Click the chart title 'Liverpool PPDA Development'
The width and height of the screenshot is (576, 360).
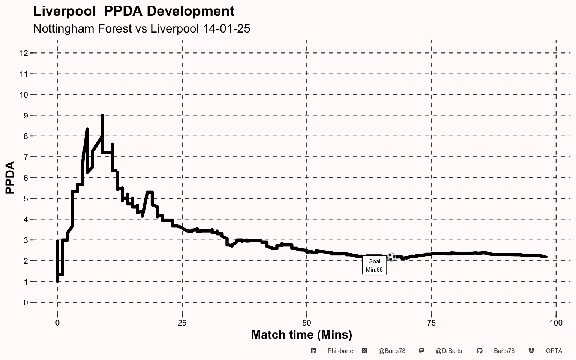134,12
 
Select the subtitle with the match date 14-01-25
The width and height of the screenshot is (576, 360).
142,28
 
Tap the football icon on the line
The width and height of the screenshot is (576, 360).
391,256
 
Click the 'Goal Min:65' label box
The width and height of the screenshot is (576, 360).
374,265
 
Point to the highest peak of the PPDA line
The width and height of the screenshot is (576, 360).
102,115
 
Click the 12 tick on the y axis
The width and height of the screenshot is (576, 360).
24,53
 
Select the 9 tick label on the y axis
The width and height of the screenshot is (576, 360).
26,116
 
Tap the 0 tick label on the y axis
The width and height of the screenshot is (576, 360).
26,302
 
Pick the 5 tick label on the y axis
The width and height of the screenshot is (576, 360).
26,199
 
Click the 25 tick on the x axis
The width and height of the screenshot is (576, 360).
182,323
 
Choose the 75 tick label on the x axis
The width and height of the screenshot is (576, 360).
431,323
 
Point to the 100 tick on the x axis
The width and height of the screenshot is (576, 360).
556,323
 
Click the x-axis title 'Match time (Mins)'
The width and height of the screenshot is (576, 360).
301,335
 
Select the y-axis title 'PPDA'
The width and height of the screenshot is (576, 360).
10,177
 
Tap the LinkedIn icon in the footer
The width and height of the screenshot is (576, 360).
313,351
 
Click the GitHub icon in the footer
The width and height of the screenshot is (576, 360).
480,351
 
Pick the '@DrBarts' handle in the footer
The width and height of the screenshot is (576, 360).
449,351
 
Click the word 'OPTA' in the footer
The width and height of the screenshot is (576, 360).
554,351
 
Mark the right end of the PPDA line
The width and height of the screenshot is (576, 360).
546,256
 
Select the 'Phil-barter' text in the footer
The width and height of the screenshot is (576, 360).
342,351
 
